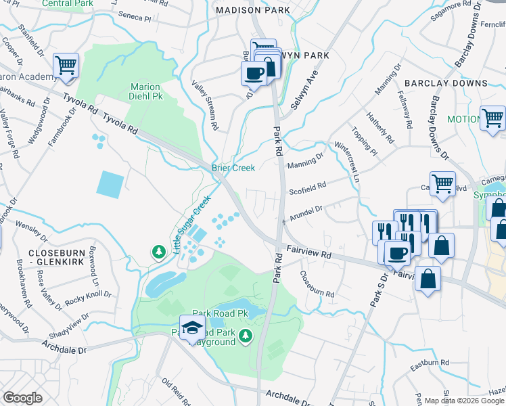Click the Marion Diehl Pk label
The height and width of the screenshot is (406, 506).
pyautogui.click(x=145, y=91)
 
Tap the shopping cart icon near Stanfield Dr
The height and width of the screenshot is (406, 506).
pyautogui.click(x=66, y=66)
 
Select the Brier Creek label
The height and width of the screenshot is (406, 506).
pyautogui.click(x=233, y=168)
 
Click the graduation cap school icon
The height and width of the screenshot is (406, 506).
pyautogui.click(x=192, y=327)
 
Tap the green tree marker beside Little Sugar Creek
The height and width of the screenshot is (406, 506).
pyautogui.click(x=159, y=252)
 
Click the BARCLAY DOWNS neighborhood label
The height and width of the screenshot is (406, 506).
pyautogui.click(x=446, y=83)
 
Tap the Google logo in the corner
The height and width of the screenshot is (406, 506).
pyautogui.click(x=22, y=397)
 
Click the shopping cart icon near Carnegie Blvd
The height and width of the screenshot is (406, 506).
pyautogui.click(x=442, y=182)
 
